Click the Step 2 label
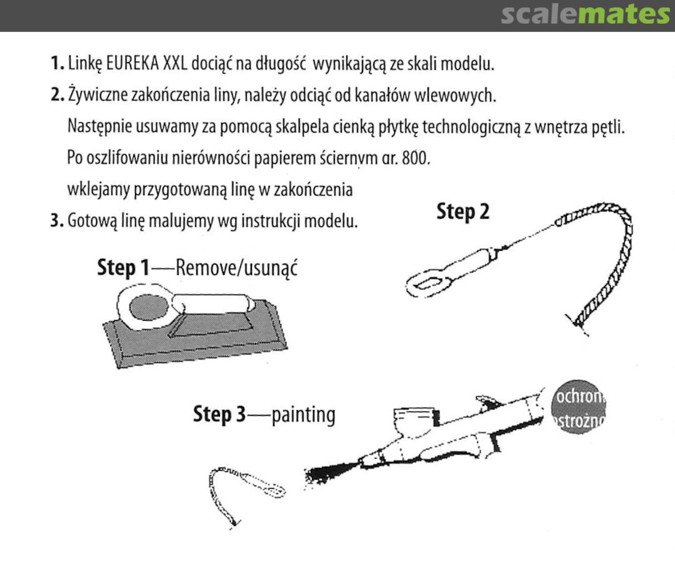(462, 212)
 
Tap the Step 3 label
(220, 414)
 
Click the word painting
(303, 414)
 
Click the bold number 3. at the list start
(56, 221)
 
